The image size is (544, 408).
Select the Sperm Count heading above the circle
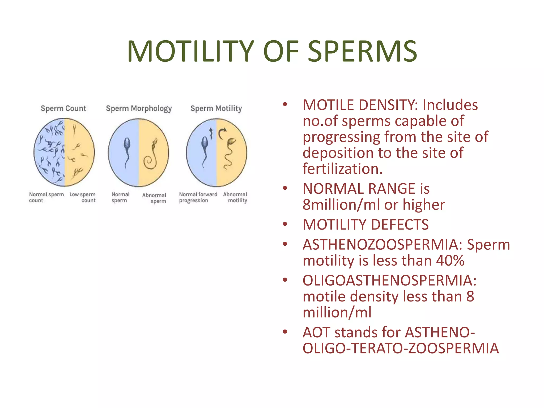pyautogui.click(x=63, y=108)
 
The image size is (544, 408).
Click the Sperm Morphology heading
pyautogui.click(x=139, y=109)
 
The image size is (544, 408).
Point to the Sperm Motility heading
pyautogui.click(x=216, y=108)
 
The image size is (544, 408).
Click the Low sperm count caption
pyautogui.click(x=83, y=197)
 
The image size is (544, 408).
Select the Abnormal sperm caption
pyautogui.click(x=155, y=198)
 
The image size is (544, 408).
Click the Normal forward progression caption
pyautogui.click(x=198, y=197)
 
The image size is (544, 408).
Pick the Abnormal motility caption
pyautogui.click(x=235, y=197)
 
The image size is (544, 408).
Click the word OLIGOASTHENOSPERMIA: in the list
pyautogui.click(x=389, y=280)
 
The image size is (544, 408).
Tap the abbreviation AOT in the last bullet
pyautogui.click(x=316, y=332)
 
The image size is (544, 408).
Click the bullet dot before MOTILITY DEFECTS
pyautogui.click(x=285, y=224)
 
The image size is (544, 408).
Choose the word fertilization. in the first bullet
pyautogui.click(x=343, y=169)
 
